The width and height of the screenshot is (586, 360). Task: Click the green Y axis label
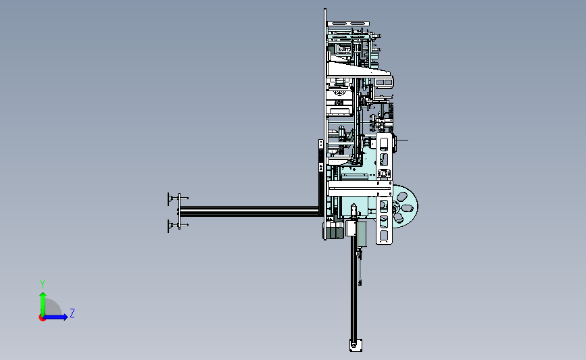pos(43,284)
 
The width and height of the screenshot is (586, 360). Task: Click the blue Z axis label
pos(72,313)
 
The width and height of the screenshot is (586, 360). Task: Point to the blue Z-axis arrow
pos(55,317)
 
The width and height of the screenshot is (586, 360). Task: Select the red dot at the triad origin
pos(42,317)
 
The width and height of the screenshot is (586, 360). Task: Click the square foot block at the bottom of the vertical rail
pos(356,345)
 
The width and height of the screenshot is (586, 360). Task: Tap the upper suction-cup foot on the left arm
pos(172,199)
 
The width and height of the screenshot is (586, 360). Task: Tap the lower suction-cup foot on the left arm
pos(172,225)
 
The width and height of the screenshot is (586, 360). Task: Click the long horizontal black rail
pos(249,211)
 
